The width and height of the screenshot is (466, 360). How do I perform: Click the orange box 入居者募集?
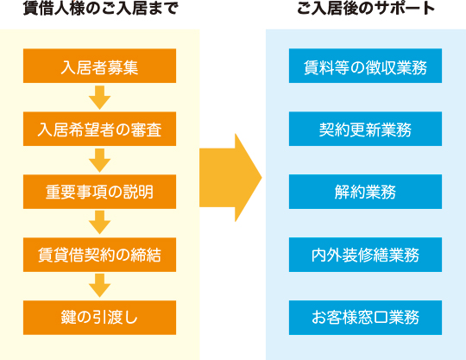pos(99,66)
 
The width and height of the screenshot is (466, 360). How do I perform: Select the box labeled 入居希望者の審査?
pos(99,129)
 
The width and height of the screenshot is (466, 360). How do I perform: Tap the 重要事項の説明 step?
pos(99,192)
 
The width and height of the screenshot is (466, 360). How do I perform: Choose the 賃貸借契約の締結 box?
pos(99,255)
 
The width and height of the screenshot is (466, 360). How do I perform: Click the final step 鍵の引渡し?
pos(99,318)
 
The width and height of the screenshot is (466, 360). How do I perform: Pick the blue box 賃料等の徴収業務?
pos(365,66)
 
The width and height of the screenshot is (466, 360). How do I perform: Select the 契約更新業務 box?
pos(365,129)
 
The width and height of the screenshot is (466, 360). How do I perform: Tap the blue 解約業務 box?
pos(365,192)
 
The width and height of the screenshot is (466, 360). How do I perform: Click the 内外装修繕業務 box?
pos(365,255)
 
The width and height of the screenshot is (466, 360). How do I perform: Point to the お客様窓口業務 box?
pos(365,318)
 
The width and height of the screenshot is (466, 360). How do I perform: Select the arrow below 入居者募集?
pos(99,98)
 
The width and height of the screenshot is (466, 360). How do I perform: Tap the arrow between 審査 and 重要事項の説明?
pos(99,161)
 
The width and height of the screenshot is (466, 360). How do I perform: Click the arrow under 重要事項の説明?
pos(99,223)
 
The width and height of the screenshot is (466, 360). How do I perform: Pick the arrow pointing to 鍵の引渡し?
pos(99,286)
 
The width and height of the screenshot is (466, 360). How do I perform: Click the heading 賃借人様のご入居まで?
pos(100,8)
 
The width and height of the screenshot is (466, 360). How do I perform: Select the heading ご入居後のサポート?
pos(366,8)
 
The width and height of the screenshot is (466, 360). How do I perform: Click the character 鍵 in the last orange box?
pos(68,318)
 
